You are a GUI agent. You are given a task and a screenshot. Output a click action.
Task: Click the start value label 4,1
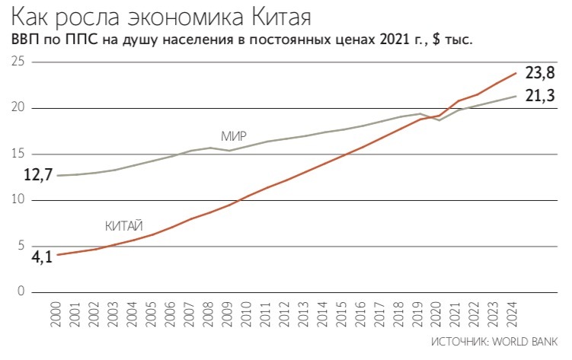[x=41, y=256]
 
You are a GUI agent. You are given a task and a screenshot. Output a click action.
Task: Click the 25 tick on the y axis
[x=18, y=62]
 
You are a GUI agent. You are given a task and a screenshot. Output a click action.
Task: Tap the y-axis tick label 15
[x=18, y=155]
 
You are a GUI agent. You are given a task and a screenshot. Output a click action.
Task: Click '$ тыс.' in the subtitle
[x=452, y=39]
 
